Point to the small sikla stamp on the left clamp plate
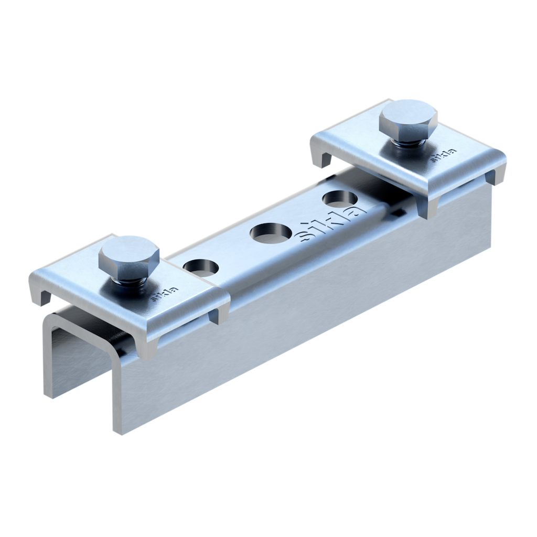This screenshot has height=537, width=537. click(165, 294)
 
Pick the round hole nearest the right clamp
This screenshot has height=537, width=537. click(340, 199)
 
